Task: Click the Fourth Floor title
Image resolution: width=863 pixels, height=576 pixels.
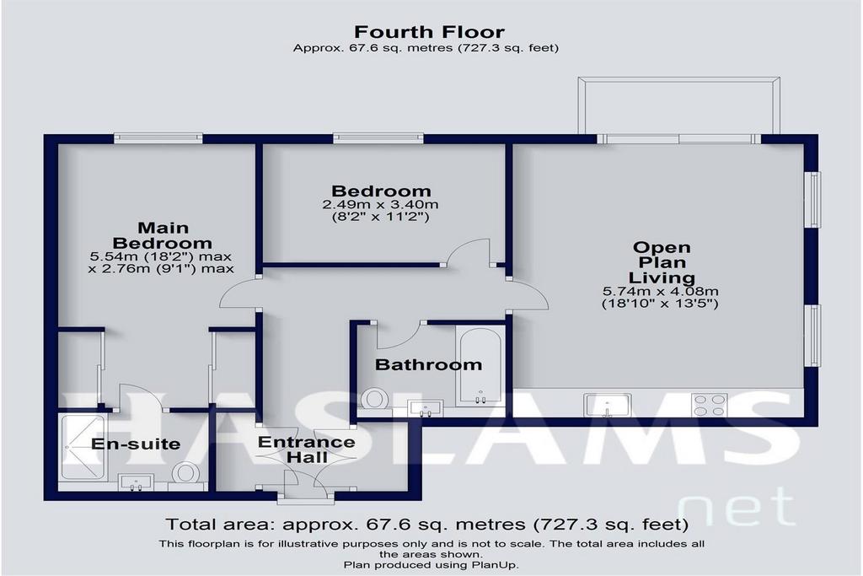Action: coord(429,32)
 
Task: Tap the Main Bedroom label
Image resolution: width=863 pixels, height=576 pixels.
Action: coord(163,235)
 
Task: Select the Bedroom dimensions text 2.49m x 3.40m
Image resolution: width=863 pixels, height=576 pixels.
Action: coord(380,205)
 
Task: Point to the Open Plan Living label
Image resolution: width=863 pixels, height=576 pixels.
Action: coord(662,262)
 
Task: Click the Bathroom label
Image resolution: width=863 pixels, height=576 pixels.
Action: coord(428,364)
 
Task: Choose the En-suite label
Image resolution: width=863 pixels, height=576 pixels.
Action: coord(136,444)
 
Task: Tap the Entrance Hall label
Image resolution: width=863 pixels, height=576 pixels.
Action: coord(307,449)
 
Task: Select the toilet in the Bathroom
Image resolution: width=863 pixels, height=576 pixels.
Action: coord(374,399)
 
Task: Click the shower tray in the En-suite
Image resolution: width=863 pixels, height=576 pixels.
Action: coord(82,447)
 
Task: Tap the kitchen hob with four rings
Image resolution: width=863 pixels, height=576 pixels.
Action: coord(710,406)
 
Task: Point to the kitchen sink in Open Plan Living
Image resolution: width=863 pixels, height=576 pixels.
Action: coord(608,406)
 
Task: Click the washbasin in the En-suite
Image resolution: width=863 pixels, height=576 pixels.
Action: coord(136,482)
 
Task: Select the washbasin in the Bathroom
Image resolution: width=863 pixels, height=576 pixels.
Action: coord(425,408)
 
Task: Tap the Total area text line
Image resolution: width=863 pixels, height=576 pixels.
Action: coord(427,524)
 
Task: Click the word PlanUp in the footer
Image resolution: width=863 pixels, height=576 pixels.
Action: coord(494,565)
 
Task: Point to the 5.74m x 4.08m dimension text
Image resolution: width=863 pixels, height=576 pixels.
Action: coord(661,292)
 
